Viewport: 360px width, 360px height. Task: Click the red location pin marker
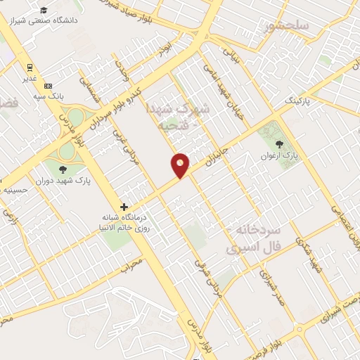click(181, 165)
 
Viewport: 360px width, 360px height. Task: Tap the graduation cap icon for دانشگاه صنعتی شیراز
click(44, 10)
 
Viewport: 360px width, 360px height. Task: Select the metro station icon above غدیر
click(30, 67)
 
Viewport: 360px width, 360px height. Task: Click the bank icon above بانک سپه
click(48, 85)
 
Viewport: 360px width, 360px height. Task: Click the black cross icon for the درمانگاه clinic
click(124, 207)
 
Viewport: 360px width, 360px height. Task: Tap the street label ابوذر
click(165, 50)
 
